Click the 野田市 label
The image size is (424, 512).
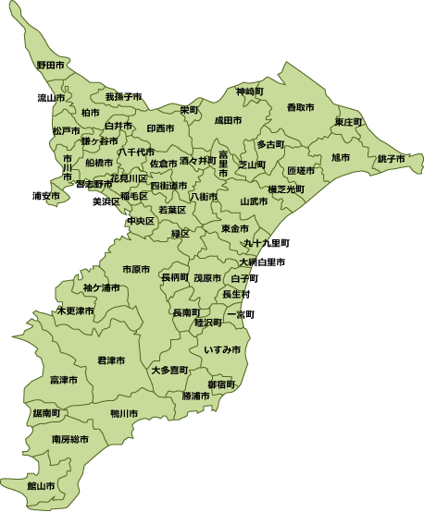click(x=51, y=66)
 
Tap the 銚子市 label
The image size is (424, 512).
click(x=391, y=159)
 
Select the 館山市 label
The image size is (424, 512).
click(x=41, y=485)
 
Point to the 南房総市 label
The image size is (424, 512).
click(x=70, y=439)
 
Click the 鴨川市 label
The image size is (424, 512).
click(x=124, y=413)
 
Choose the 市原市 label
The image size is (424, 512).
click(x=136, y=270)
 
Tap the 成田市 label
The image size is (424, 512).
click(x=228, y=121)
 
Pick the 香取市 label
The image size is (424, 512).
click(x=300, y=108)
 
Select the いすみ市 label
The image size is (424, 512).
click(x=222, y=350)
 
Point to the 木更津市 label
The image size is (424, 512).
click(x=76, y=311)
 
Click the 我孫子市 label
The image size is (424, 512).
click(x=123, y=96)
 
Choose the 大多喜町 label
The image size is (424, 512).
click(x=169, y=370)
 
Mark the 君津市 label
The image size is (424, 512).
click(x=112, y=360)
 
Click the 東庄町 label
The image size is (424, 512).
click(x=349, y=122)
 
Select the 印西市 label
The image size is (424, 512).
click(x=160, y=128)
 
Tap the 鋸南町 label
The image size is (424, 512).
click(x=46, y=412)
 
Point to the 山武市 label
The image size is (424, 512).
click(x=254, y=201)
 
